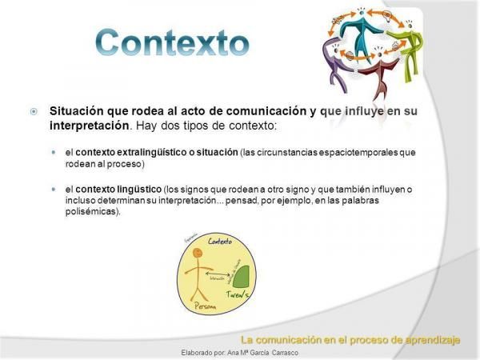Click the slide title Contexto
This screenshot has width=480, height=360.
[x=171, y=42]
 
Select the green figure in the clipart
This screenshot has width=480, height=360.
[x=409, y=48]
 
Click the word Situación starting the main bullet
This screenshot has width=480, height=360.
[x=79, y=111]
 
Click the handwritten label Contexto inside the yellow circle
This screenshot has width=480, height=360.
[x=219, y=241]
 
